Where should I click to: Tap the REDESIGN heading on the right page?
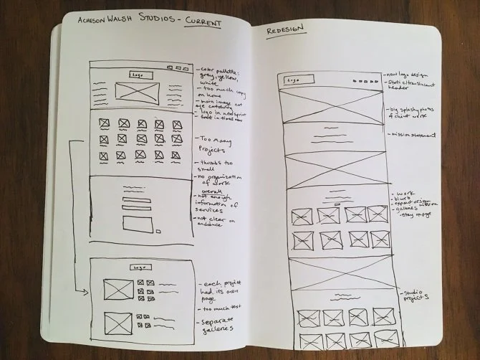[x=286, y=30]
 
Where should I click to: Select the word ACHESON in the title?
[x=82, y=22]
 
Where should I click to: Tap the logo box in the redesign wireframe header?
[x=292, y=81]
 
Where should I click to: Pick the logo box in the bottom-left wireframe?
[x=135, y=266]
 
